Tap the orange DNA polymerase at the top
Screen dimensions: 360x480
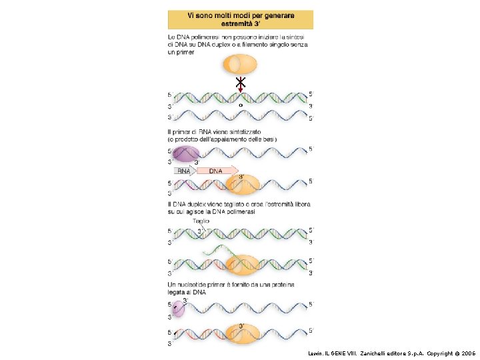click(x=239, y=64)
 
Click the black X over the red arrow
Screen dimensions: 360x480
click(x=240, y=83)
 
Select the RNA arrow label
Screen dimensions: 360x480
click(x=183, y=171)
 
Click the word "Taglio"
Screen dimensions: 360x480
click(x=201, y=221)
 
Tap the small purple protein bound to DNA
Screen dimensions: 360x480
click(x=178, y=308)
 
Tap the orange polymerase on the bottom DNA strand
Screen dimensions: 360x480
click(x=241, y=333)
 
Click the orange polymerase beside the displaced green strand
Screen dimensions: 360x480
click(x=244, y=265)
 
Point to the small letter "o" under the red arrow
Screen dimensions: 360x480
click(x=240, y=105)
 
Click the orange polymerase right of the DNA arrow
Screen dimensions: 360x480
click(x=242, y=183)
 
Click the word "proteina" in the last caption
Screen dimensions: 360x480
click(x=279, y=285)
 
